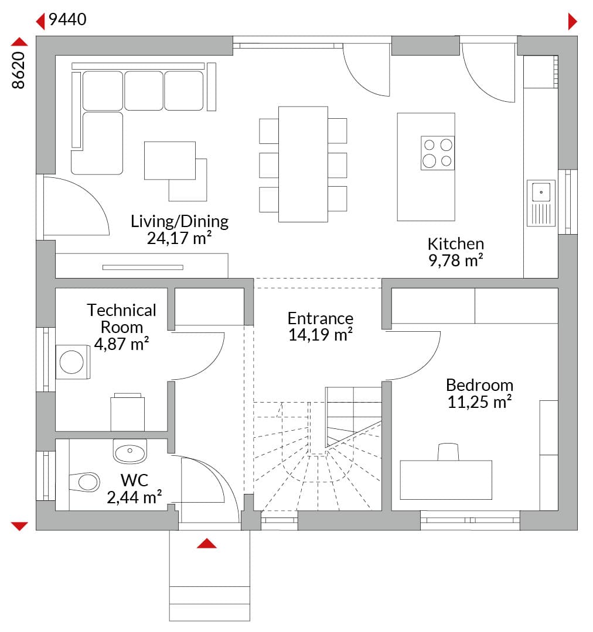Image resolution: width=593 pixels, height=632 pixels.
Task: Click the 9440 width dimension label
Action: click(x=67, y=19)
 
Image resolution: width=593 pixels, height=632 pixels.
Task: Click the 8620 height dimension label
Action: click(x=19, y=70)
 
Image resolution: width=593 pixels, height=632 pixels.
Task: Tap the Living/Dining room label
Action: click(x=180, y=221)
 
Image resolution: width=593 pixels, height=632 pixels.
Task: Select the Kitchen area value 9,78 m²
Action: click(x=456, y=261)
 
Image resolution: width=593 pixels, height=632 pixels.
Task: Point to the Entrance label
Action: click(x=321, y=318)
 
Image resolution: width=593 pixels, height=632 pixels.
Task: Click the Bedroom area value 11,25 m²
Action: click(x=479, y=402)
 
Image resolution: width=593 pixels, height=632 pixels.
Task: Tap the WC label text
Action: click(x=134, y=480)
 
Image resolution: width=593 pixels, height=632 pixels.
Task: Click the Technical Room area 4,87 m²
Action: click(x=121, y=344)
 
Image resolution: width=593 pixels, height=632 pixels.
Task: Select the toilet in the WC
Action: click(x=84, y=482)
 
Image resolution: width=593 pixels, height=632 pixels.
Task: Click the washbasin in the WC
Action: click(x=129, y=451)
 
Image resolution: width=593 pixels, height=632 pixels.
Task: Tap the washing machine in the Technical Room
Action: click(x=73, y=362)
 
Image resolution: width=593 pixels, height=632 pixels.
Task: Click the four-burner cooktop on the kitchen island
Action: click(x=438, y=153)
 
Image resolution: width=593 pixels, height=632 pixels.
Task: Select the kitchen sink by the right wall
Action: click(x=541, y=202)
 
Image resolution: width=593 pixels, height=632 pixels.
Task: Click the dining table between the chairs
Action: click(x=303, y=164)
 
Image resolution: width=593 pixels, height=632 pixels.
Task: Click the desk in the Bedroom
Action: click(x=446, y=480)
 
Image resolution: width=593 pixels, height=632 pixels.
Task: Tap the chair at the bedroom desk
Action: click(x=448, y=452)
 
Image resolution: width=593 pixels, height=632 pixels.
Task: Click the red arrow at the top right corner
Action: click(x=572, y=22)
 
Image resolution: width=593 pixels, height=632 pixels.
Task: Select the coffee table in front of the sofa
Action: click(x=170, y=160)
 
